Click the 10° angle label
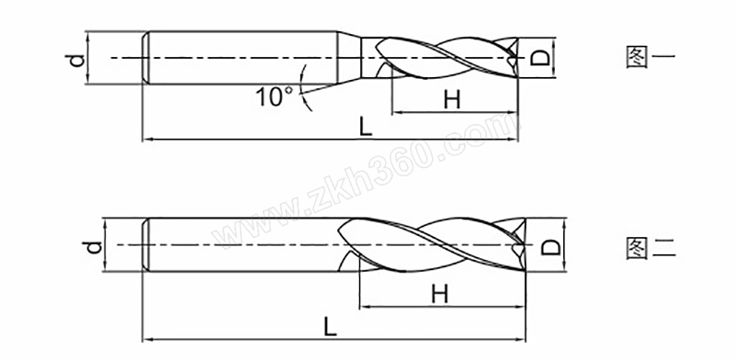pyautogui.click(x=273, y=97)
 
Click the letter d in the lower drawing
pyautogui.click(x=94, y=247)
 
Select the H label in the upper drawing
pyautogui.click(x=452, y=100)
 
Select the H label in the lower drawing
pyautogui.click(x=440, y=295)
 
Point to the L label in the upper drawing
pyautogui.click(x=366, y=127)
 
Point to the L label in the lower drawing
pyautogui.click(x=331, y=326)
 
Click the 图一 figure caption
pyautogui.click(x=650, y=58)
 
